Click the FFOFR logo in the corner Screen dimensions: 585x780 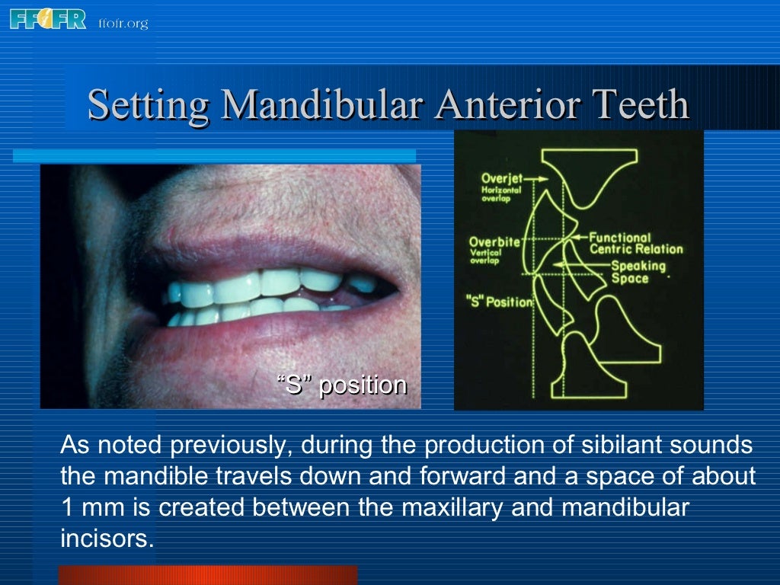click(x=48, y=18)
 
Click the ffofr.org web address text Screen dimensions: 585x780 click(x=123, y=23)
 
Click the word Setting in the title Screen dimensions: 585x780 click(x=149, y=105)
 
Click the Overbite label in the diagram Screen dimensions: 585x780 click(x=494, y=242)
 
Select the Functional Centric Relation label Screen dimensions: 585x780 click(x=636, y=243)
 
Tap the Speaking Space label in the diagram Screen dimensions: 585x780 click(x=638, y=272)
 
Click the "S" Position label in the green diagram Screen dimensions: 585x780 click(x=500, y=302)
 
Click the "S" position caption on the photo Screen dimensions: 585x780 click(x=342, y=385)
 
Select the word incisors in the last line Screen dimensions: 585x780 click(x=107, y=539)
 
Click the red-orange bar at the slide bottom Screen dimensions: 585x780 click(x=207, y=575)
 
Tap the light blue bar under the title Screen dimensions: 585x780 click(x=214, y=155)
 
